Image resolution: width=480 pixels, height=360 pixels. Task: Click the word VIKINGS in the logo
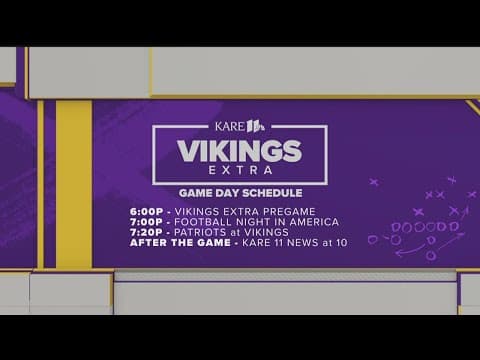239,151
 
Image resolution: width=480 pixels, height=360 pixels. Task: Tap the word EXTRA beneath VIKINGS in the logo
239,172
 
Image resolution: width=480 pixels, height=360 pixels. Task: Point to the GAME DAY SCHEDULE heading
239,193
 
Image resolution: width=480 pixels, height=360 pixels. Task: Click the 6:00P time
148,211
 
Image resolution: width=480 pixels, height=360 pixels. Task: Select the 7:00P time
148,221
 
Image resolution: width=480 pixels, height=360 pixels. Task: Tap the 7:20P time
148,232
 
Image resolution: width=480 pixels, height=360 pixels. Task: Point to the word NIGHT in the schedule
249,221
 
